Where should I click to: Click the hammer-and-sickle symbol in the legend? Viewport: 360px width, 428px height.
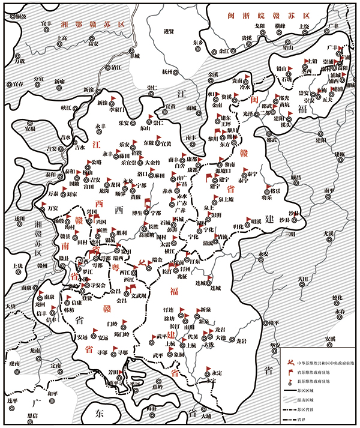coord(288,363)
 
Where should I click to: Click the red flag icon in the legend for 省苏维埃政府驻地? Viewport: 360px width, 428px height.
coord(288,372)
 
